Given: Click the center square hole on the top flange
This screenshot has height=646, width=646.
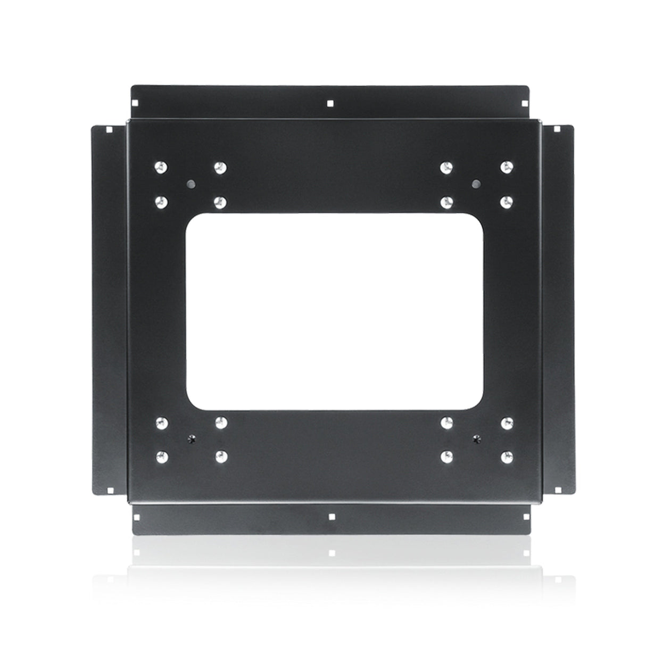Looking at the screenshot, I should (330, 104).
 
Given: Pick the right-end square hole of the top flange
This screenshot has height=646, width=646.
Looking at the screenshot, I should (525, 104).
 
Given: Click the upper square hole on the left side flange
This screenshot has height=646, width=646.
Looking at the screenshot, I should (109, 129).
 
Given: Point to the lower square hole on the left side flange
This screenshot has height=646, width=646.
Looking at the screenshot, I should (109, 490).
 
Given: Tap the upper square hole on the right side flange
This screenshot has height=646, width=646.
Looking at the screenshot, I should (553, 129).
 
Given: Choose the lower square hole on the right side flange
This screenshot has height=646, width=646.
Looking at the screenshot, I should (553, 490).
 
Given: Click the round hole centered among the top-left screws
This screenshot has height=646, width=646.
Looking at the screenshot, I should (191, 184).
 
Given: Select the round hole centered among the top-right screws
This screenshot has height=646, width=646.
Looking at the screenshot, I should (476, 184).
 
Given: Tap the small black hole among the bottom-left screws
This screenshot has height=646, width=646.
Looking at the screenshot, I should (191, 439).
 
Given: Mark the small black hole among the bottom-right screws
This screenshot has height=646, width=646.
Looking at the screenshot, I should (476, 439).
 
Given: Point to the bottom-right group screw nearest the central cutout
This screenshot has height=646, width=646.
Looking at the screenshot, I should (448, 423).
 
